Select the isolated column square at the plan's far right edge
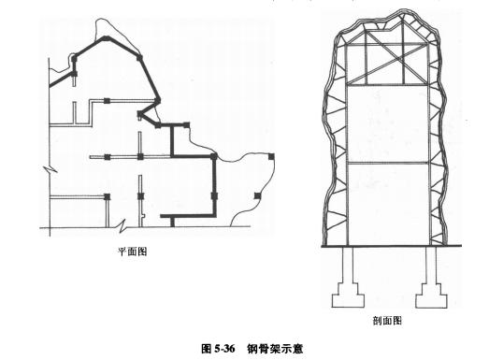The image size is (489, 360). (x=271, y=156)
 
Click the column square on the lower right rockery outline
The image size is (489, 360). (x=257, y=195)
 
